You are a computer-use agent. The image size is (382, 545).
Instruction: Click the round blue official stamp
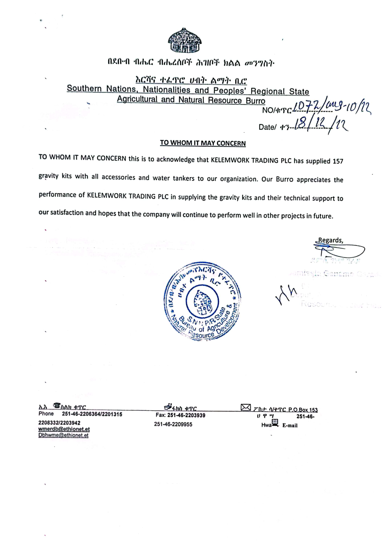[203, 302]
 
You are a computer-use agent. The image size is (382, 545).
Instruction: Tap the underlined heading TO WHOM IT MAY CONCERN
[203, 143]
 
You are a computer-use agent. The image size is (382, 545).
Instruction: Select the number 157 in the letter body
[338, 161]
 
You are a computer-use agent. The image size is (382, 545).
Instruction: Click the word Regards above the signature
[330, 240]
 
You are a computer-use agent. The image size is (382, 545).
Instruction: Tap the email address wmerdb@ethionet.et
[64, 429]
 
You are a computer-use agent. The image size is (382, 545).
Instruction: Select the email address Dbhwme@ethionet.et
[63, 435]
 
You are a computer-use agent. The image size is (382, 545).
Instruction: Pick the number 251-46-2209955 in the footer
[173, 424]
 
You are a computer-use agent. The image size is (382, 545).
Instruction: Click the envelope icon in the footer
[246, 407]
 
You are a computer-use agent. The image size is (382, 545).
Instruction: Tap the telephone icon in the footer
[57, 406]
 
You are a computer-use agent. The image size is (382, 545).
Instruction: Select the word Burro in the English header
[255, 101]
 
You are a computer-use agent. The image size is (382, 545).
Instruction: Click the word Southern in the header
[84, 89]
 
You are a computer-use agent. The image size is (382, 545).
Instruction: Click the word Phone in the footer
[46, 414]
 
